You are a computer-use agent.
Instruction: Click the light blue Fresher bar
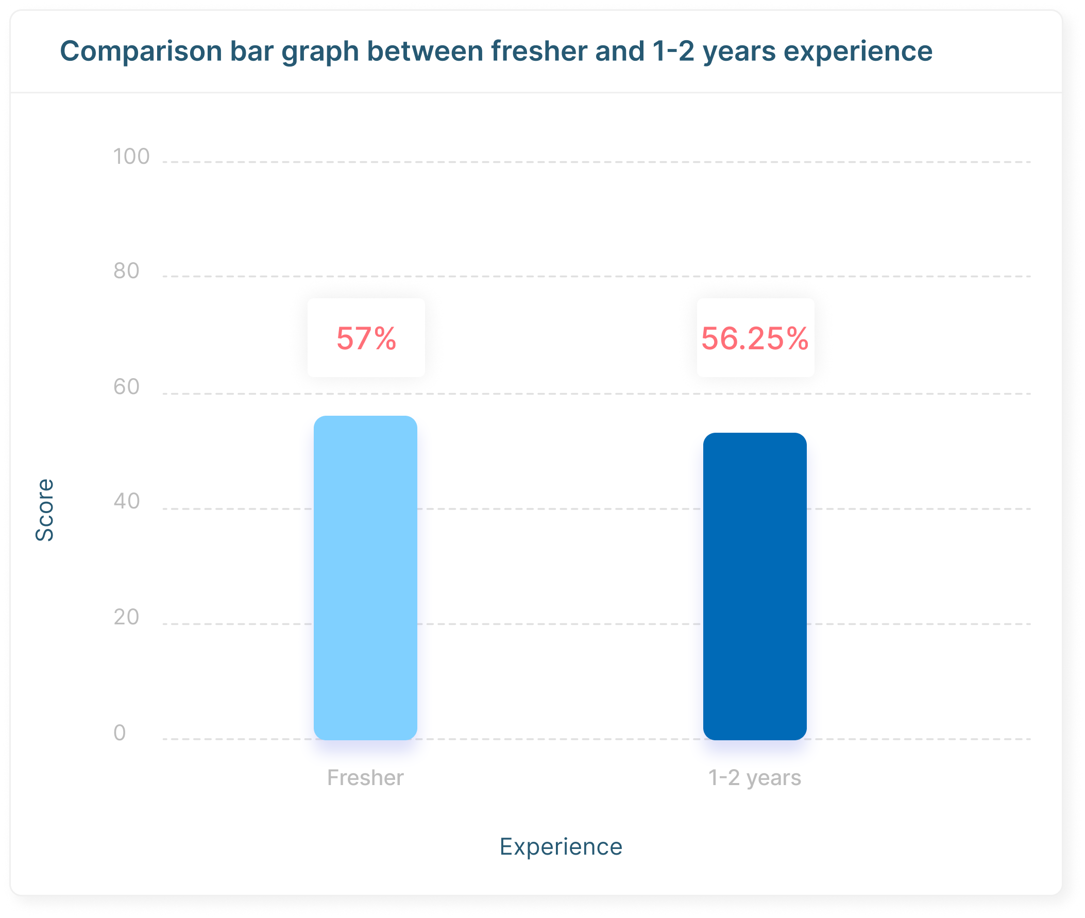(x=365, y=577)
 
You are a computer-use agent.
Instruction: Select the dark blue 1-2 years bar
(x=755, y=586)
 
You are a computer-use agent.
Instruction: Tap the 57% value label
(x=366, y=338)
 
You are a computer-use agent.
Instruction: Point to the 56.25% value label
(x=755, y=338)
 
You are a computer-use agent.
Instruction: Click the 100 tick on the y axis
(x=131, y=157)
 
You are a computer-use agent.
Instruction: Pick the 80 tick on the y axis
(x=126, y=271)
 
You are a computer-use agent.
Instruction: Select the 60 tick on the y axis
(x=126, y=387)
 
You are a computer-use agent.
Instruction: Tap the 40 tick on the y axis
(x=126, y=501)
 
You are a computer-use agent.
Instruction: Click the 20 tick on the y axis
(x=126, y=617)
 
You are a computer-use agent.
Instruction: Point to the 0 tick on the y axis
(x=120, y=733)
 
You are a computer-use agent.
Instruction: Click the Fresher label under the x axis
(x=365, y=778)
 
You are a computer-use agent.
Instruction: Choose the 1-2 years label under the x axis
(x=755, y=778)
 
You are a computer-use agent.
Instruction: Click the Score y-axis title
(x=45, y=510)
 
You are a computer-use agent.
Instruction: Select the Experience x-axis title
(x=561, y=847)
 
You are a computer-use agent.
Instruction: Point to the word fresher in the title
(x=538, y=52)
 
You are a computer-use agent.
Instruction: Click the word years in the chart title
(x=739, y=52)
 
